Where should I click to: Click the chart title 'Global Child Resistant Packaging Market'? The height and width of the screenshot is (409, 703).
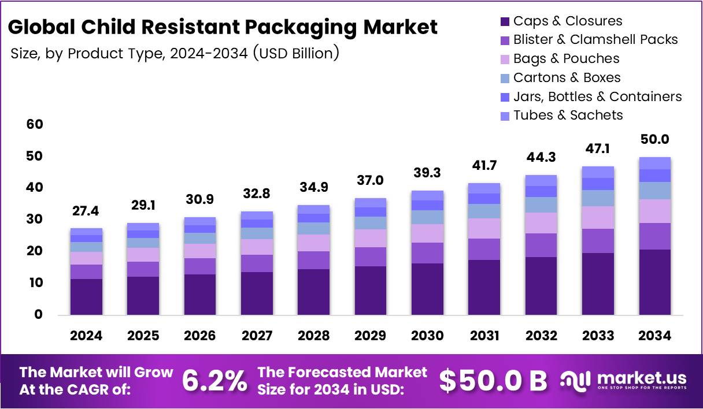coord(223,27)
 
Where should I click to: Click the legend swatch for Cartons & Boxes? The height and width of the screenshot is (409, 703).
coord(504,78)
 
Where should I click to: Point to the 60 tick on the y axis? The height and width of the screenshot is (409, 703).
coord(35,125)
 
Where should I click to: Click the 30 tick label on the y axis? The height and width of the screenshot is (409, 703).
coord(35,220)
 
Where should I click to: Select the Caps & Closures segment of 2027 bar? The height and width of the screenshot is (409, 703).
coord(257,293)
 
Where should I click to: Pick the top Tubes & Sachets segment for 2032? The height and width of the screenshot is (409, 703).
coord(541,180)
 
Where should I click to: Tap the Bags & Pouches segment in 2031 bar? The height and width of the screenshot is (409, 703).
coord(484,228)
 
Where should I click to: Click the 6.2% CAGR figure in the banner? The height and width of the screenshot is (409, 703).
coord(214,381)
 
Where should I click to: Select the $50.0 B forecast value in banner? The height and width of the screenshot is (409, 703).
coord(493,381)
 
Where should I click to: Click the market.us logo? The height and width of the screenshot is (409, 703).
coord(623,381)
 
